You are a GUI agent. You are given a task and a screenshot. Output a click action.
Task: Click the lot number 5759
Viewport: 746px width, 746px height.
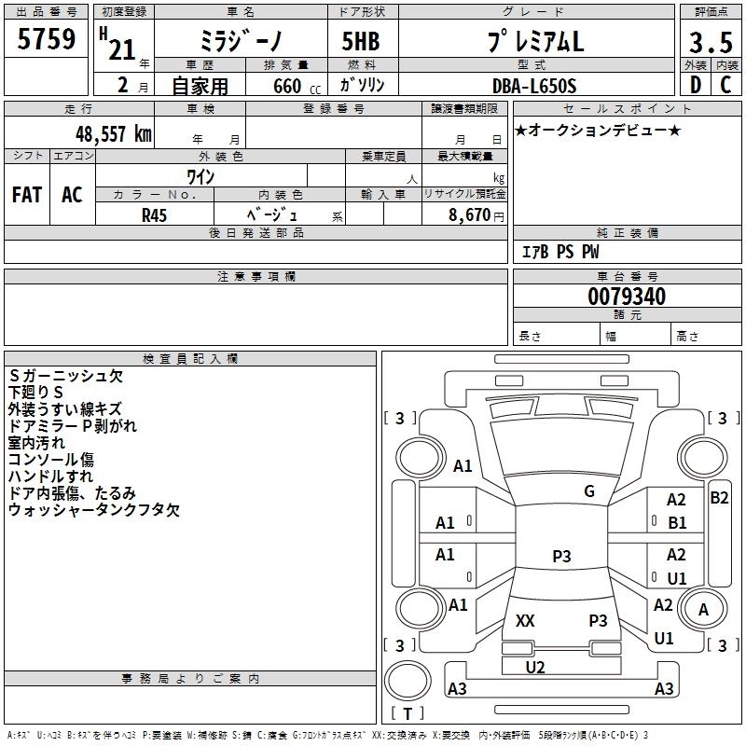(x=48, y=39)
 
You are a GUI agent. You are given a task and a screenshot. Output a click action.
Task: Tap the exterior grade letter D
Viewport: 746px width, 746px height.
(x=695, y=83)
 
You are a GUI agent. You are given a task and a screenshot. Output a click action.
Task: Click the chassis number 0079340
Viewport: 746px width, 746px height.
(x=627, y=297)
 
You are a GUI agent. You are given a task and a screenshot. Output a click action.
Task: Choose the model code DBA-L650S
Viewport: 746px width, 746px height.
(x=534, y=85)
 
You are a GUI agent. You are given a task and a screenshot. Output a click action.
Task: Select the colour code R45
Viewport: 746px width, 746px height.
(x=154, y=214)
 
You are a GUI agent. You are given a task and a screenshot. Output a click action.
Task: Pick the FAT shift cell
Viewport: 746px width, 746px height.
(x=27, y=194)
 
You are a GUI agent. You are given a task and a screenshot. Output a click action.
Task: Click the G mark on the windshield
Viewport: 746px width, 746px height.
(x=588, y=491)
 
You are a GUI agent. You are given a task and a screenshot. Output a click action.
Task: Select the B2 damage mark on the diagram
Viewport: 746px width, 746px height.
(x=719, y=498)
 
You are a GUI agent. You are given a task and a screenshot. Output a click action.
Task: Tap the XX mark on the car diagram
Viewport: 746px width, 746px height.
(x=525, y=620)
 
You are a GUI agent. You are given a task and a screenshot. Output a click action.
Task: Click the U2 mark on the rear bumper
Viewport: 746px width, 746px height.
(x=535, y=667)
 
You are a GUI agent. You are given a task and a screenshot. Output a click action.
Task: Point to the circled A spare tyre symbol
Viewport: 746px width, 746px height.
(x=703, y=610)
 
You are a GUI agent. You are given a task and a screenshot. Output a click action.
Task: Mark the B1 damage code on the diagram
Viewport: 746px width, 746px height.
(x=677, y=523)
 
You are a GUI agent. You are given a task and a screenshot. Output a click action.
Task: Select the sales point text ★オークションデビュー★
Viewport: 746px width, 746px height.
(x=598, y=130)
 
